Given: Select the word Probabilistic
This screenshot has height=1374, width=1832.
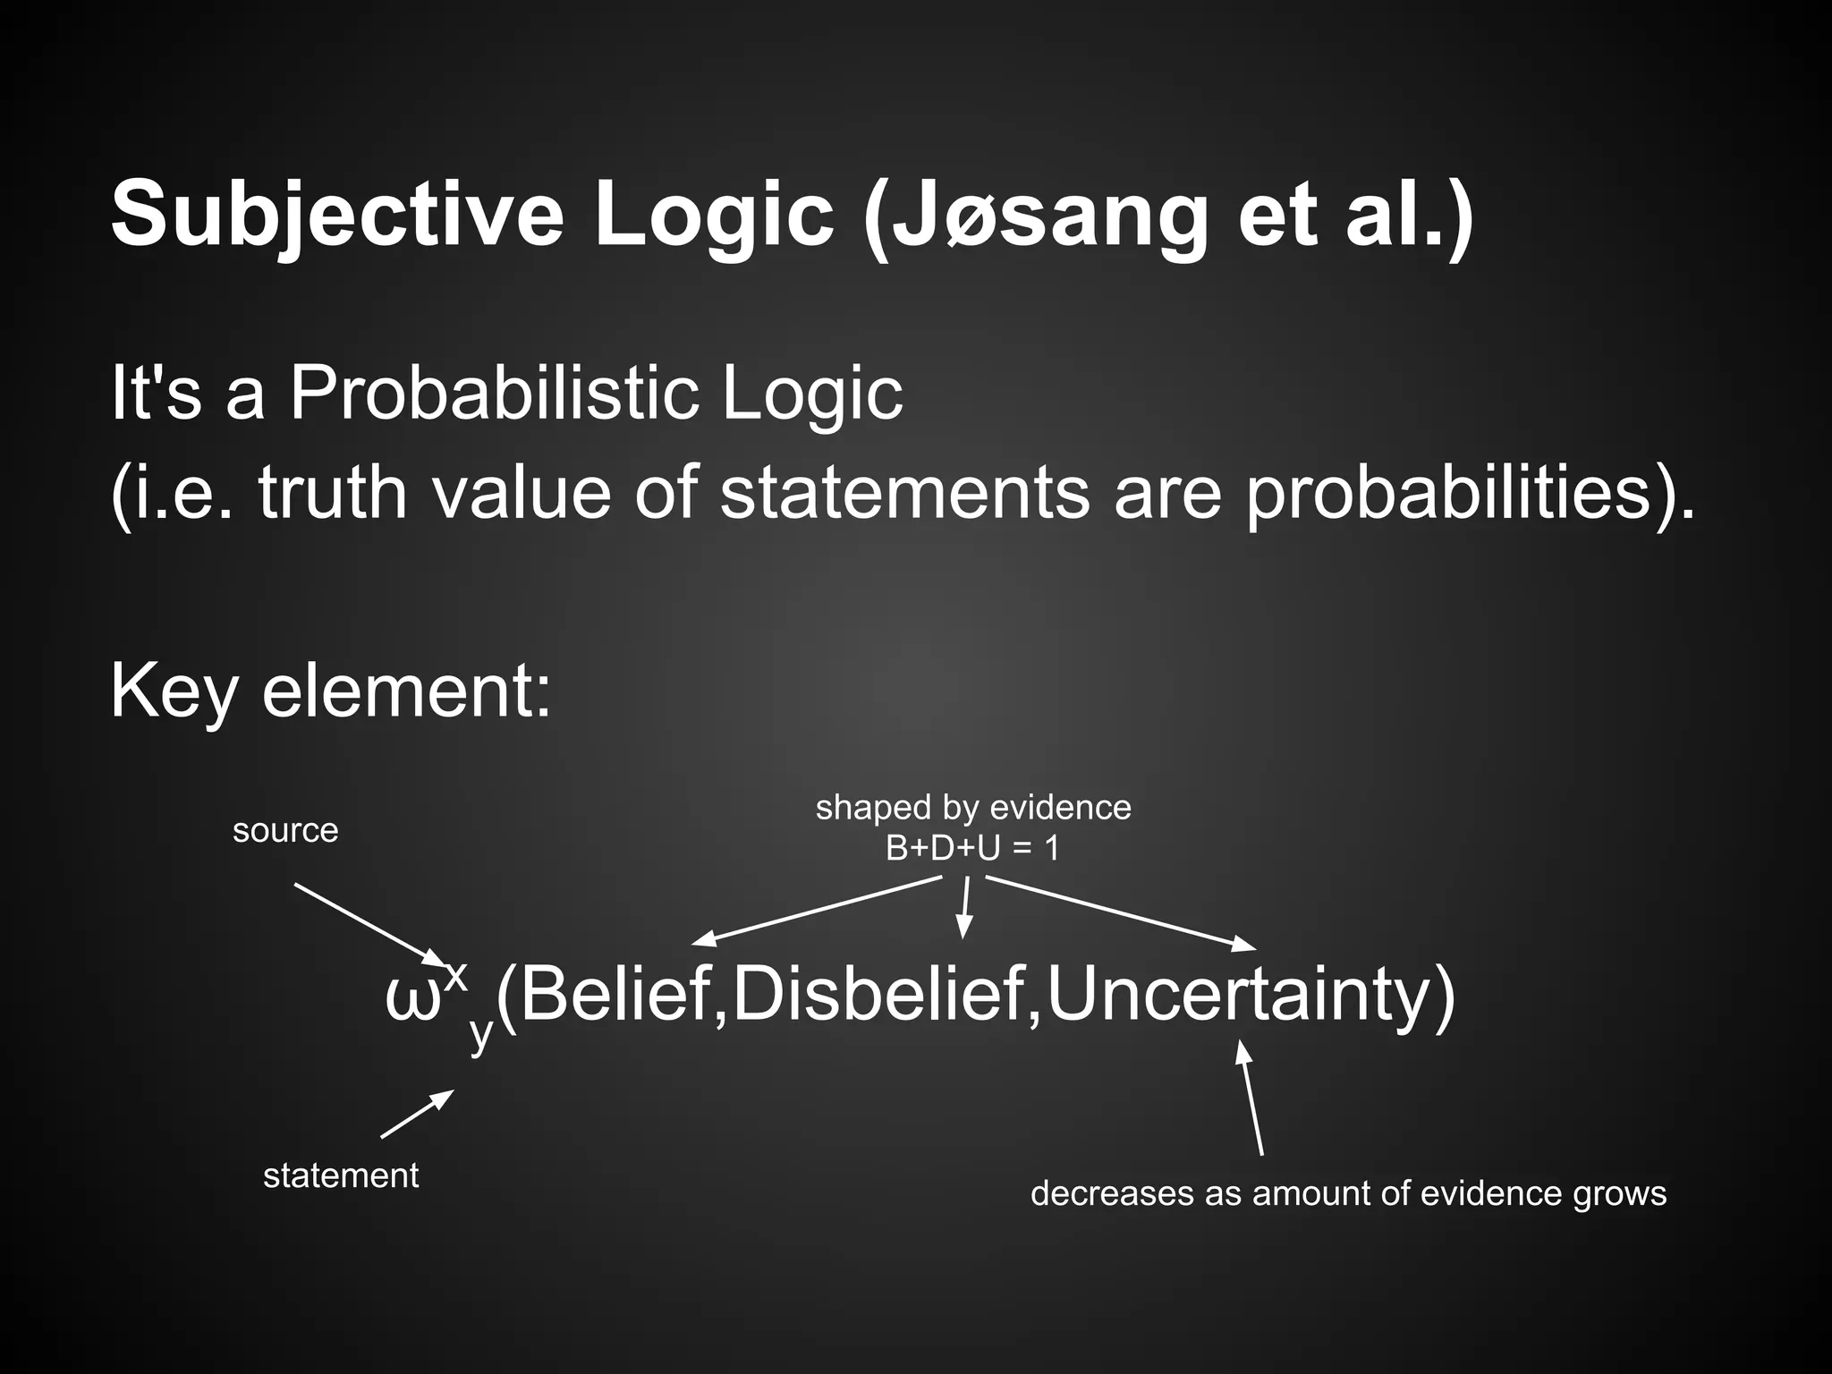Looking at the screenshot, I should coord(493,393).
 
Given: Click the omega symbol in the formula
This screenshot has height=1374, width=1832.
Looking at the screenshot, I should coord(412,999).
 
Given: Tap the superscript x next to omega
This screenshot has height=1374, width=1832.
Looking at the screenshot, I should coord(455,975).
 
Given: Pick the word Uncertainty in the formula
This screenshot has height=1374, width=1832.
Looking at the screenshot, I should coord(1240,995).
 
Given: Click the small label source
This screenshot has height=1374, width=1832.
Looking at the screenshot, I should coord(285,831).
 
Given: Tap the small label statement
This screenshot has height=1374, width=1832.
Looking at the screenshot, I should coord(341,1175).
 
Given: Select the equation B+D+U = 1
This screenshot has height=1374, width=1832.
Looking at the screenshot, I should coord(972,848).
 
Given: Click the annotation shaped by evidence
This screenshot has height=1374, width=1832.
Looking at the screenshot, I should coord(973,808).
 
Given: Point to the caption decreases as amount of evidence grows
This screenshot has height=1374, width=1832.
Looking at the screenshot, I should coord(1348,1193).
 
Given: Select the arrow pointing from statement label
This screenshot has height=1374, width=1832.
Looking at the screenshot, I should coord(417,1114).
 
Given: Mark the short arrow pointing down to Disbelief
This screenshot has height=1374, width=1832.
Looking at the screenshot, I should coord(964,907).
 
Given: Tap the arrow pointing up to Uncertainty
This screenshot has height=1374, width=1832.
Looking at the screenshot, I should coord(1250,1098).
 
